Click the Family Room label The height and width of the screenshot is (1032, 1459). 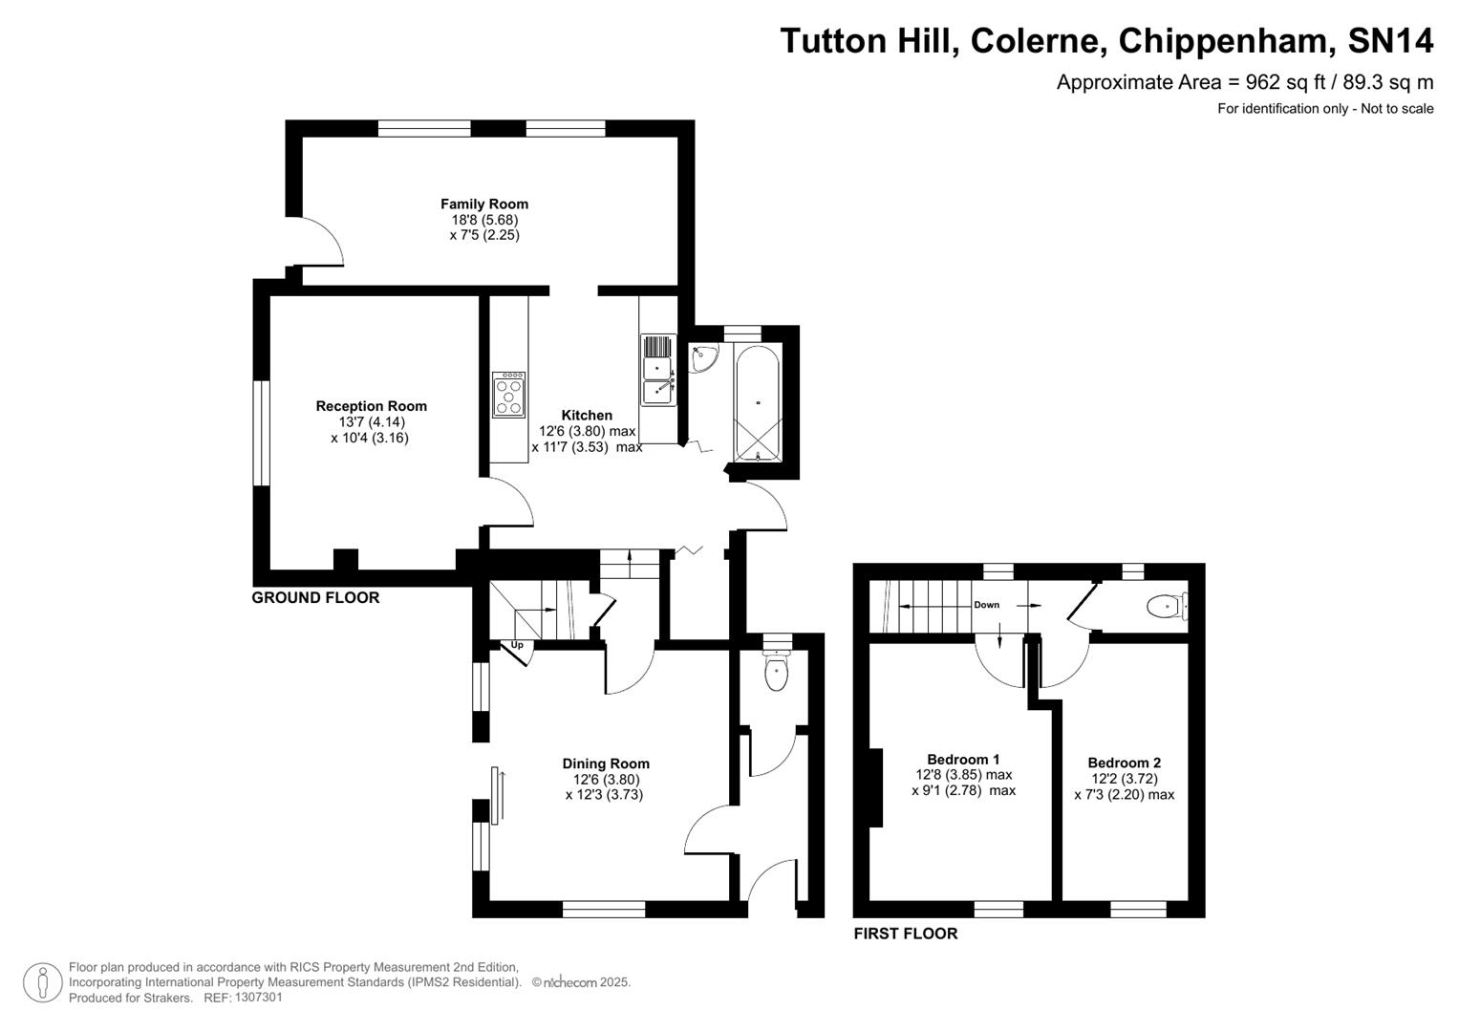click(483, 204)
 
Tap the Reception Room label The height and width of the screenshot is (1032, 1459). click(371, 406)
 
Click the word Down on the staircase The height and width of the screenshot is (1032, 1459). click(986, 605)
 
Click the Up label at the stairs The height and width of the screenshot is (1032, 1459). click(517, 645)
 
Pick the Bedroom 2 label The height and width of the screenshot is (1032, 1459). click(1124, 763)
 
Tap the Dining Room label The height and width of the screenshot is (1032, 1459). click(605, 763)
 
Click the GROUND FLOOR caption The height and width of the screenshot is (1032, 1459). click(315, 598)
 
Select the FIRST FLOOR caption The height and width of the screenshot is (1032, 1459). click(905, 934)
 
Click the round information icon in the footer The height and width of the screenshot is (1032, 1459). click(42, 982)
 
